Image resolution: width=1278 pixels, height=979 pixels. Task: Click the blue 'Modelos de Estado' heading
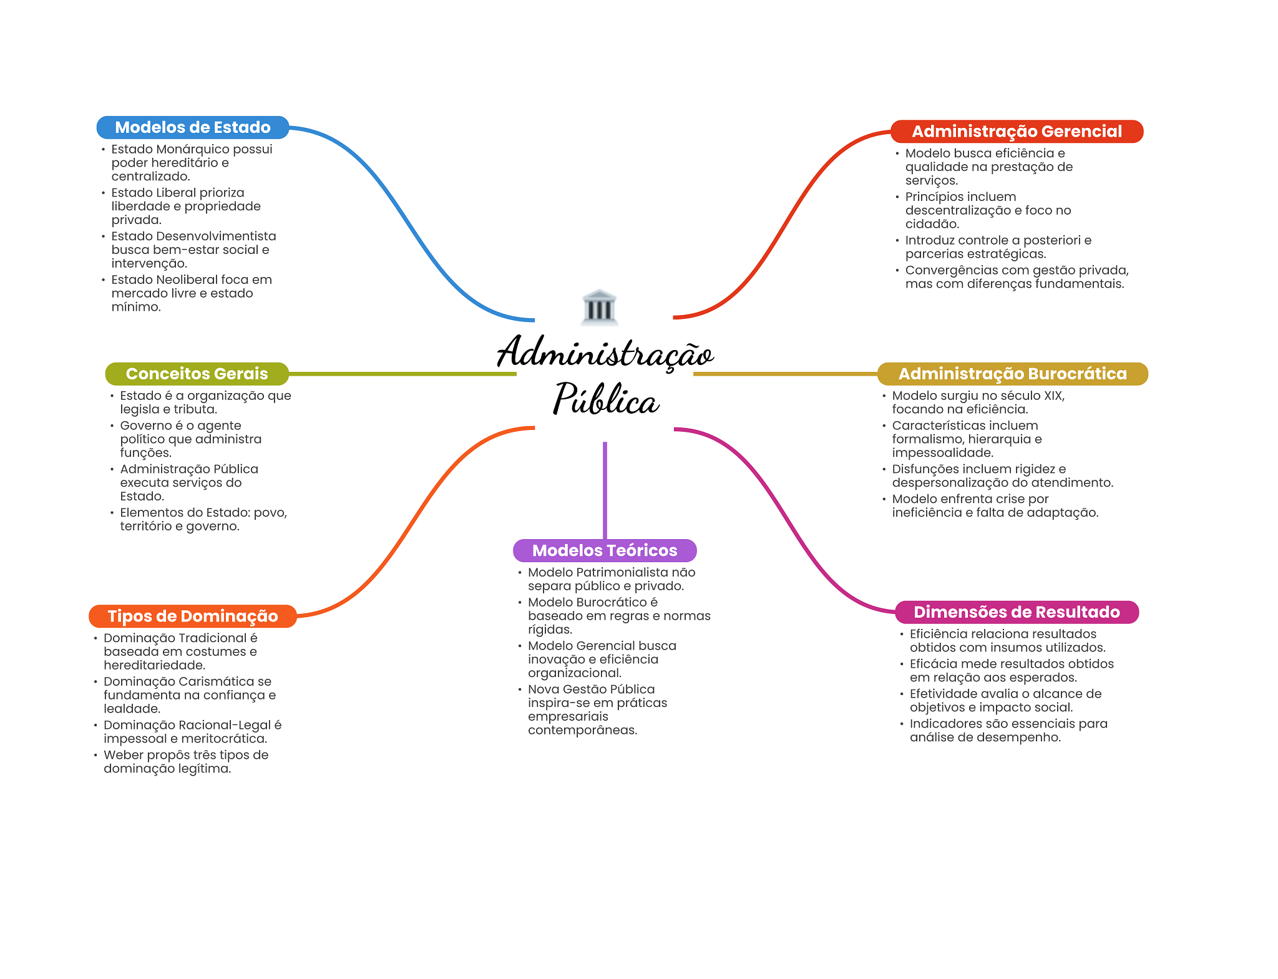click(192, 127)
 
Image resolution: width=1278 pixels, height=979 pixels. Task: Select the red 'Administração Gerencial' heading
click(1017, 131)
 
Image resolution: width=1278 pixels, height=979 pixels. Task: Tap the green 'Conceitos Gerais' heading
click(197, 374)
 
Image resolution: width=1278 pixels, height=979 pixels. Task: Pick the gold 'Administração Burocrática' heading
click(1012, 374)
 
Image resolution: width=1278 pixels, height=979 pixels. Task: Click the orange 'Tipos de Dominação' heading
click(192, 616)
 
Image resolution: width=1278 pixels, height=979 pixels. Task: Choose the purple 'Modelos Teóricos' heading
click(604, 550)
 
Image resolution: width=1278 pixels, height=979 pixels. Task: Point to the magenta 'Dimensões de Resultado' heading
click(1017, 612)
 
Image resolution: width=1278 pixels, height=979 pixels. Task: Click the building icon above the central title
click(599, 307)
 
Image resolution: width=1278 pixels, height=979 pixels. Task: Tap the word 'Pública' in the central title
click(606, 399)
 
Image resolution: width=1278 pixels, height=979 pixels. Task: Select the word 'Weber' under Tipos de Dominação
click(122, 755)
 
